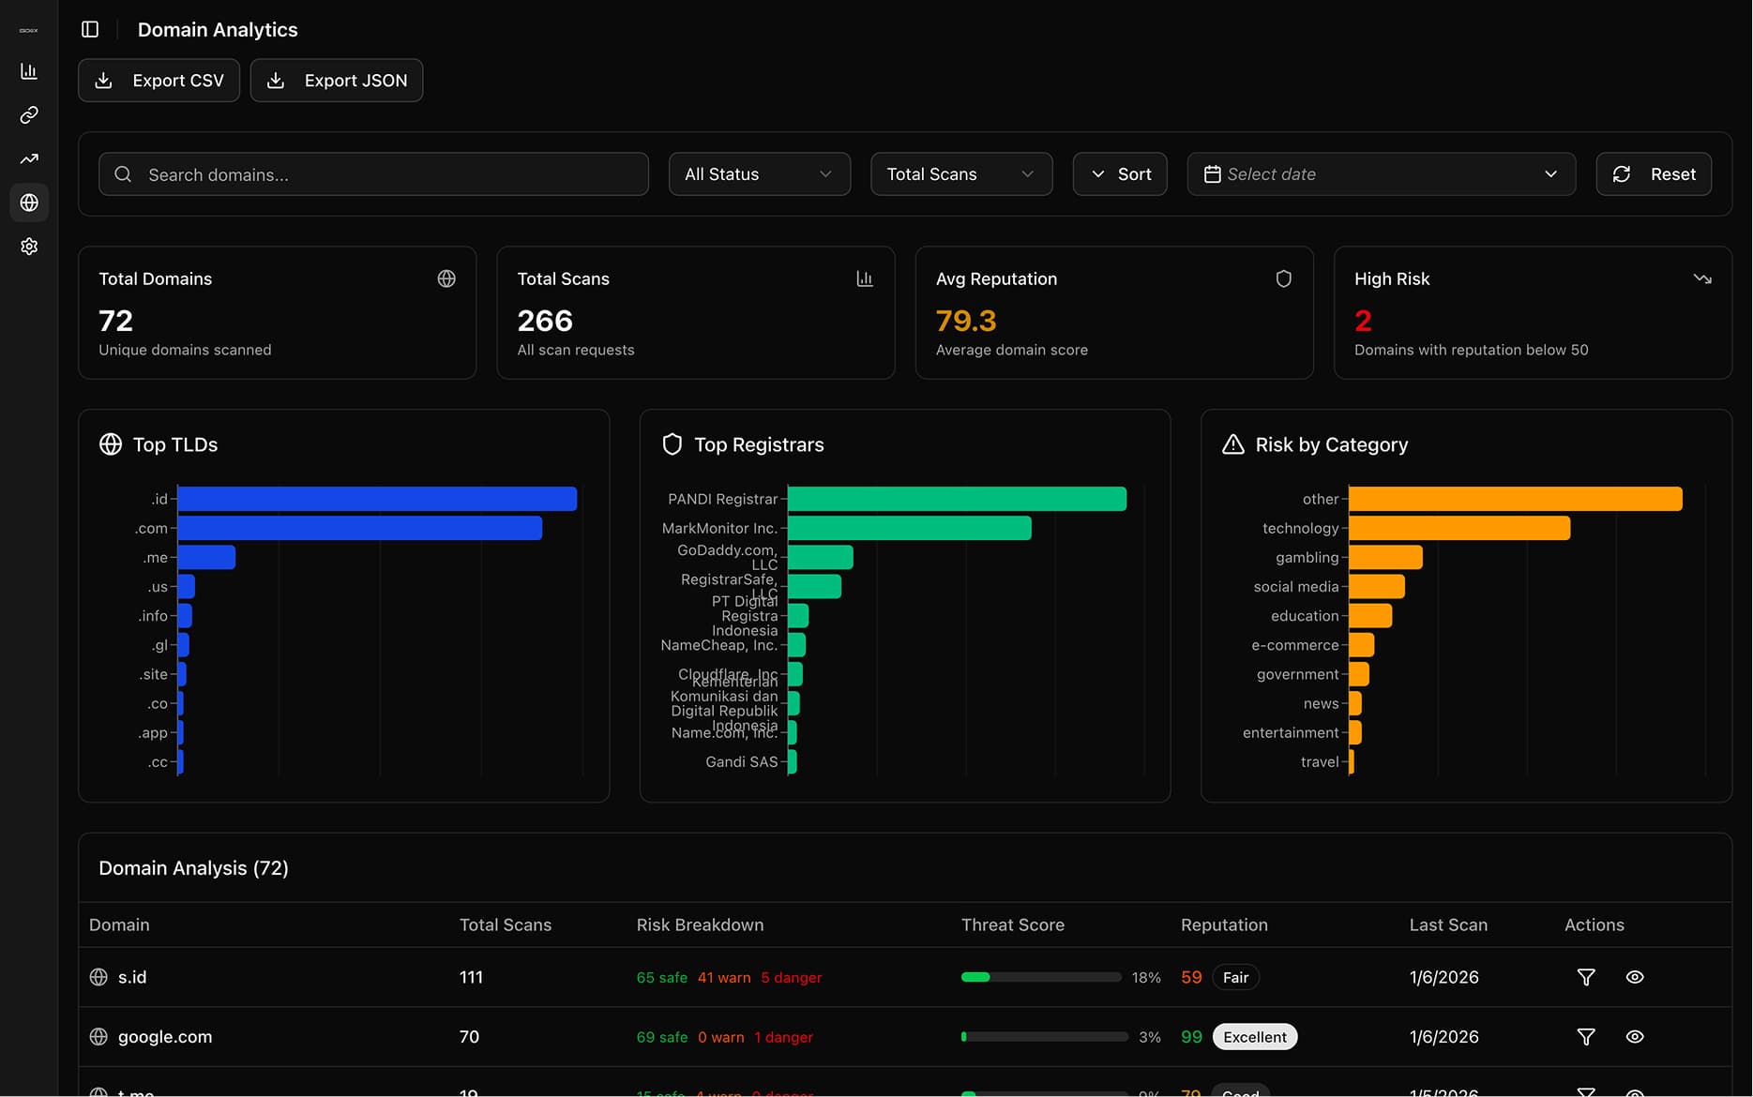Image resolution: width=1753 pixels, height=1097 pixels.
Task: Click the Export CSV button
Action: point(159,81)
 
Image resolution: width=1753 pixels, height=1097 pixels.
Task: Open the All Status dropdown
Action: point(759,174)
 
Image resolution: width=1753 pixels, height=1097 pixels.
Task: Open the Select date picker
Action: point(1381,174)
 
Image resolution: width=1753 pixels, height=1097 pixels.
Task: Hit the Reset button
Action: point(1653,174)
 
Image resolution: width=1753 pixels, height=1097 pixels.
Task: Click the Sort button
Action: point(1119,174)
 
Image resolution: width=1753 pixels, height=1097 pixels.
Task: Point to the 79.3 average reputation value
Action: point(965,321)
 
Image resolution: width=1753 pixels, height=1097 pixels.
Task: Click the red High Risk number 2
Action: point(1363,321)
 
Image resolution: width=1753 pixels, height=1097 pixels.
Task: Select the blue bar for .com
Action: point(359,528)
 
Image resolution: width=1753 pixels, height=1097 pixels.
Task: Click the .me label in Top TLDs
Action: point(155,558)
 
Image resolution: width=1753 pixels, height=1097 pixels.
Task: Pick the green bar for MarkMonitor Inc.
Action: point(909,528)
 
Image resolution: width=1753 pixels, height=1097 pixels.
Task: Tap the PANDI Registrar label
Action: point(722,499)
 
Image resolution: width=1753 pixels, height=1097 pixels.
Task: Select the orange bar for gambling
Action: point(1385,558)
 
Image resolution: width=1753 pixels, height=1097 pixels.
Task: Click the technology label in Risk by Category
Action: point(1299,528)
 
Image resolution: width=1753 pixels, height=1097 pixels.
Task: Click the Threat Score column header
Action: point(1012,924)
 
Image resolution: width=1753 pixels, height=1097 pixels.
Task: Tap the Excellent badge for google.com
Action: point(1254,1037)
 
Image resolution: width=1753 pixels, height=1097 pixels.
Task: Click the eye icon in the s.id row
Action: point(1634,977)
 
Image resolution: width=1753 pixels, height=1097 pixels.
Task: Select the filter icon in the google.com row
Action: point(1585,1037)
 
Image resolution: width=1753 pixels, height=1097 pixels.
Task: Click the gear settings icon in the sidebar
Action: point(29,247)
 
